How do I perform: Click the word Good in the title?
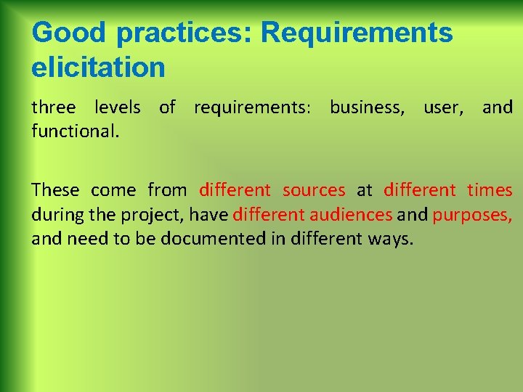(x=68, y=33)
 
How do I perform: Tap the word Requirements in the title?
(x=357, y=33)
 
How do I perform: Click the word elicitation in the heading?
(x=98, y=68)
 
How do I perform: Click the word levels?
(x=118, y=108)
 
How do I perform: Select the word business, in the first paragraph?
(x=367, y=108)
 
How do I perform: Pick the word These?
(x=55, y=190)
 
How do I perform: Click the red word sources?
(x=314, y=190)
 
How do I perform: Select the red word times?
(x=490, y=190)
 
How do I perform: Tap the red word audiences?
(x=351, y=215)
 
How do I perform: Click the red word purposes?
(x=472, y=215)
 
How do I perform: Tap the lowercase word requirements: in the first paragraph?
(x=252, y=108)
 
